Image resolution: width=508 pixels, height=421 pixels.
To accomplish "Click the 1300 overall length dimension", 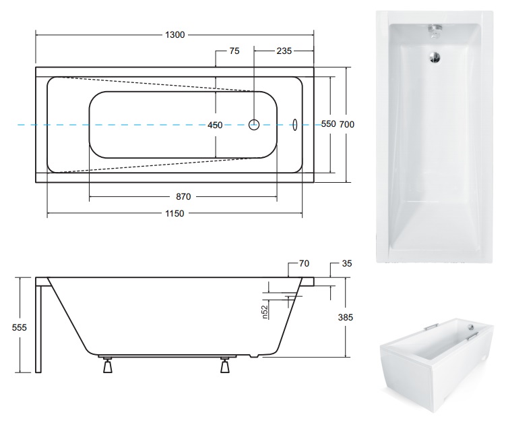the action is tap(175, 34).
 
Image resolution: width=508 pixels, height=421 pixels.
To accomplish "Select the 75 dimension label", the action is tap(234, 51).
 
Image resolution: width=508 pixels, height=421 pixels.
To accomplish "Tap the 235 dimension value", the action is tap(284, 51).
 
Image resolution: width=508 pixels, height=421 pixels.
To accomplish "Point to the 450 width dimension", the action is tap(215, 125).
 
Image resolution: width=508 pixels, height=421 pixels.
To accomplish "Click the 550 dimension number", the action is tap(329, 124).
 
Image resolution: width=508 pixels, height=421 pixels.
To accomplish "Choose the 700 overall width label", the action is tap(347, 124).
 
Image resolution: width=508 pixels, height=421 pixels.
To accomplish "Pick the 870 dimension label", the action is tap(183, 196).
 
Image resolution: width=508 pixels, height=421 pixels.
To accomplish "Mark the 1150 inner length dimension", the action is tap(174, 213).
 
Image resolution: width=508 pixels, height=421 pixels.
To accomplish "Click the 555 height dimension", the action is tap(20, 328).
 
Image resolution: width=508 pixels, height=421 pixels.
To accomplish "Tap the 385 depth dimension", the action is tap(346, 317).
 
